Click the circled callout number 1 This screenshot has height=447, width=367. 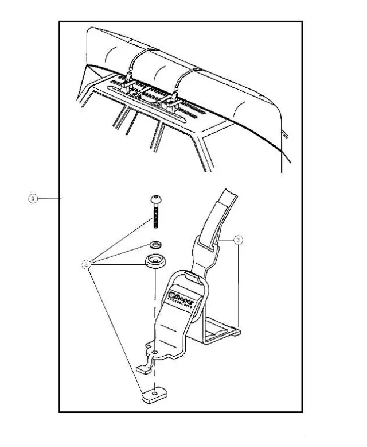coord(33,198)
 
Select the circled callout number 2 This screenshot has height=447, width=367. coord(86,265)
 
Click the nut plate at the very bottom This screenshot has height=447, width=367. coord(154,394)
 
